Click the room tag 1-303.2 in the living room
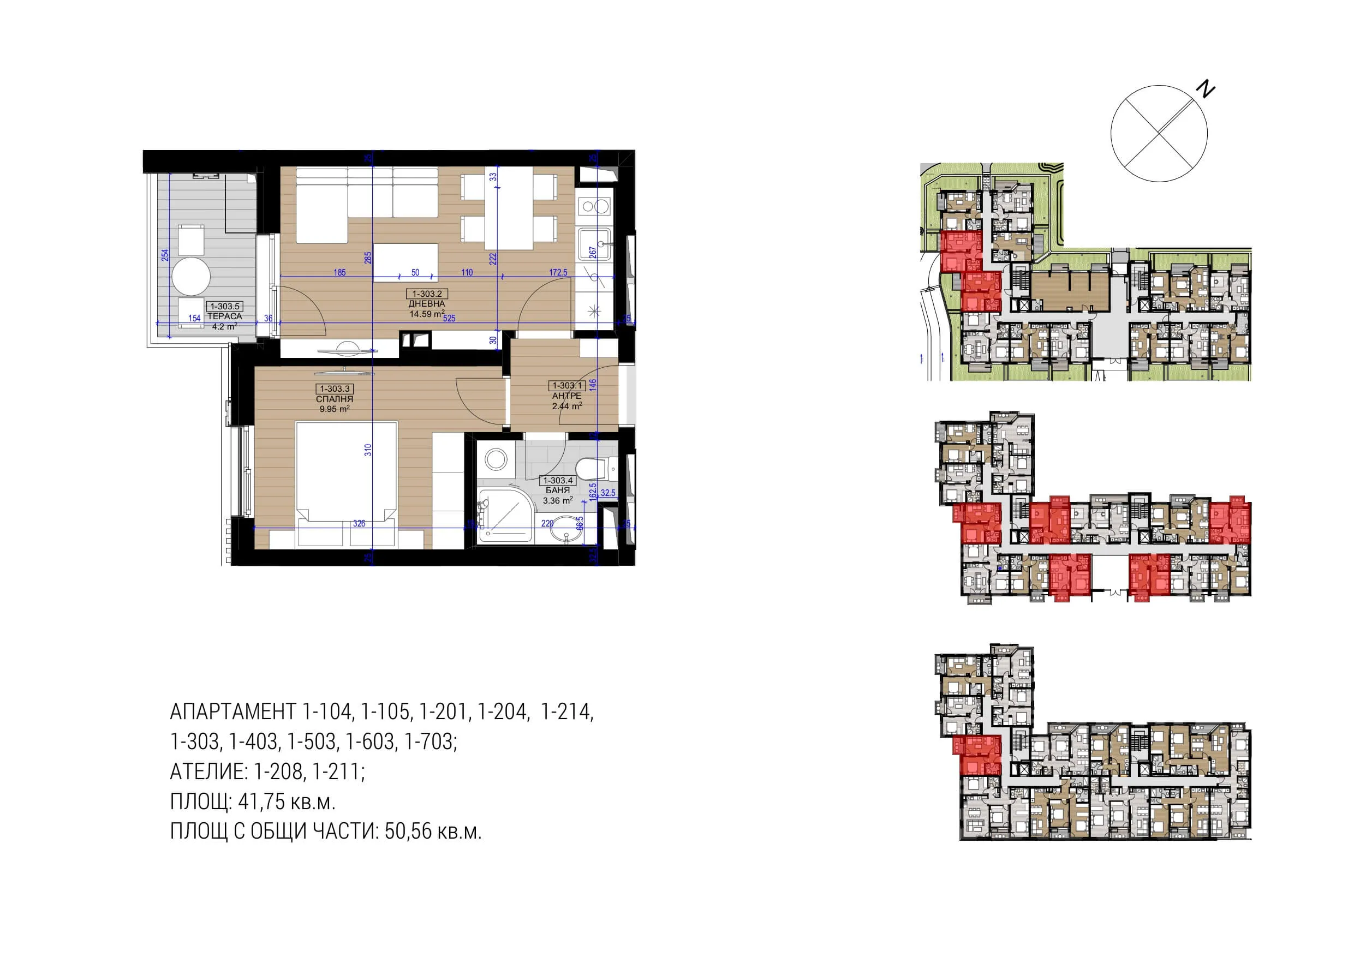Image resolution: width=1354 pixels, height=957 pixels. pos(427,294)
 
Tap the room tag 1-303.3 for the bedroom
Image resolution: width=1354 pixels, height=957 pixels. pos(335,389)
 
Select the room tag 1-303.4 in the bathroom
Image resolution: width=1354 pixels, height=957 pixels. pos(557,481)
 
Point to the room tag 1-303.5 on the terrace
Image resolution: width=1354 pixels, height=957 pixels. pos(225,307)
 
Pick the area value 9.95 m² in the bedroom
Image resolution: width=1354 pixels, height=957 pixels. pos(335,409)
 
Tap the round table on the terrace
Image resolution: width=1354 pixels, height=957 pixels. pos(191,276)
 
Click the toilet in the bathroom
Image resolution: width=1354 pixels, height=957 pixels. pos(592,469)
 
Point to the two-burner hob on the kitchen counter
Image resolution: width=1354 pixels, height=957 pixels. pos(594,206)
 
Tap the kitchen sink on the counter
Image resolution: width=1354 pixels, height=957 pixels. pos(594,243)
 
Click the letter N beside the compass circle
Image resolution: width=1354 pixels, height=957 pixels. pos(1206,89)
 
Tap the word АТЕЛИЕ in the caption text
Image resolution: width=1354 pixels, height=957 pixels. pos(207,772)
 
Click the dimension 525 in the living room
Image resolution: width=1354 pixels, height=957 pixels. pos(449,319)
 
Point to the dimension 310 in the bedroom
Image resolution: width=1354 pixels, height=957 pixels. pos(368,450)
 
